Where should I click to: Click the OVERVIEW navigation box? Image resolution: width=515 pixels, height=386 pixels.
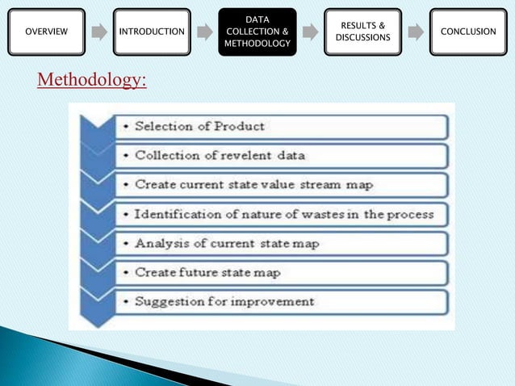[x=46, y=31]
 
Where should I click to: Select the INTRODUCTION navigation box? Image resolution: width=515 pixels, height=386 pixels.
[x=152, y=31]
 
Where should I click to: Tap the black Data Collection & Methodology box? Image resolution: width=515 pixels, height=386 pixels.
[x=257, y=31]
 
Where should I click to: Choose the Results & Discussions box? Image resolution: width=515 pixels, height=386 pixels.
[x=362, y=31]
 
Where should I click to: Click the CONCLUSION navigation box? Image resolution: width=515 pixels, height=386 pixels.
[x=468, y=31]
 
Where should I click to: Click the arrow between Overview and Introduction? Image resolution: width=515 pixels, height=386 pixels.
[x=98, y=32]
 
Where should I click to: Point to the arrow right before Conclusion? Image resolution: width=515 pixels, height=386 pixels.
[x=416, y=32]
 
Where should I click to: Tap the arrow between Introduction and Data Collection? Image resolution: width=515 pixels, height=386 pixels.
[x=205, y=32]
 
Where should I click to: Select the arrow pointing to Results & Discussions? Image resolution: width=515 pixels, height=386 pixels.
[x=310, y=32]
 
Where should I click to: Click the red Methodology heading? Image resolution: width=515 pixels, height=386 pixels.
[x=92, y=81]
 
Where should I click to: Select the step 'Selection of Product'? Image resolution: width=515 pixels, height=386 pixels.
[x=199, y=126]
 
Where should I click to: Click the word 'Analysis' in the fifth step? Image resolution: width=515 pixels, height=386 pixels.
[x=161, y=243]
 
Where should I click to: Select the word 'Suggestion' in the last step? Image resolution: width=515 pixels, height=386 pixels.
[x=170, y=301]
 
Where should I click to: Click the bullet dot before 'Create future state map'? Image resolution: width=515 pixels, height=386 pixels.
[x=128, y=273]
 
